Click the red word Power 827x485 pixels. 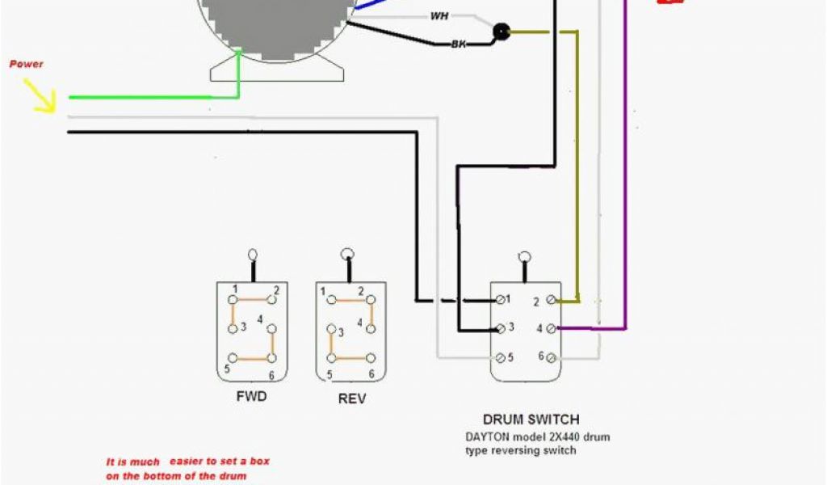tap(26, 64)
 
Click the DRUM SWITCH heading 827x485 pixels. tap(531, 420)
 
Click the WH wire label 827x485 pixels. tap(439, 16)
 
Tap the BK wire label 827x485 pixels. tap(459, 43)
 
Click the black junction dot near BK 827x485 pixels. tap(502, 32)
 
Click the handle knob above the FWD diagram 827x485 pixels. tap(253, 254)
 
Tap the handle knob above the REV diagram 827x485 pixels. tap(349, 253)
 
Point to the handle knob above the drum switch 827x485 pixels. tap(524, 255)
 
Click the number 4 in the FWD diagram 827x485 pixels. tap(261, 320)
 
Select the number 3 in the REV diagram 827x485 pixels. tap(341, 332)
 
